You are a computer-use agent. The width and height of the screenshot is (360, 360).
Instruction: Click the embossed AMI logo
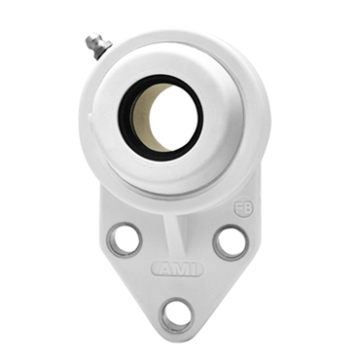[x=176, y=268]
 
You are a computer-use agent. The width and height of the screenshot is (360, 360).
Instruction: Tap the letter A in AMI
[x=162, y=268]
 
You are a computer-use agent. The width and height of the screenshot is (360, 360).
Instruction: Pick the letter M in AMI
[x=177, y=268]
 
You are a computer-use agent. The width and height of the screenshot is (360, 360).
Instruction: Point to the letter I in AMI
[x=192, y=268]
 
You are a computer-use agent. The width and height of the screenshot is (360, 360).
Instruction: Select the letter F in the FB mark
[x=238, y=207]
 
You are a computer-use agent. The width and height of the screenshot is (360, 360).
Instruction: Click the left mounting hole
[x=125, y=238]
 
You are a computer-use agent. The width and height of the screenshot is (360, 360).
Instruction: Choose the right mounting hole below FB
[x=230, y=241]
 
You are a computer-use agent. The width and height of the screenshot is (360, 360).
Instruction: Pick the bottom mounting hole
[x=177, y=313]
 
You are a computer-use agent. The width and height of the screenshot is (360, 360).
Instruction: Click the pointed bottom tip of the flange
[x=177, y=336]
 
